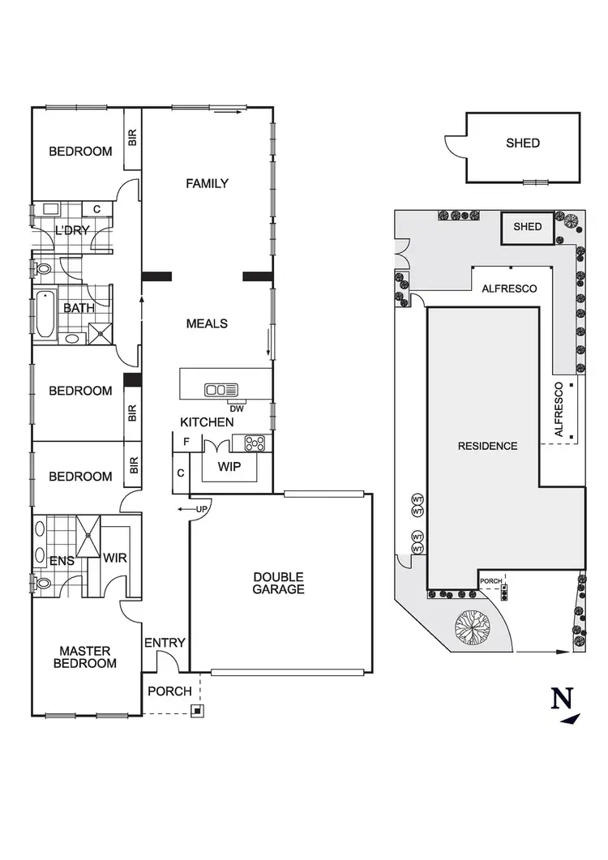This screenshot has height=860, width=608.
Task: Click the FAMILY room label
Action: tap(207, 183)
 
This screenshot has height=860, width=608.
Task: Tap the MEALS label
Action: tap(207, 323)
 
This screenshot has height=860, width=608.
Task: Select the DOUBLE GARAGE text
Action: tap(278, 583)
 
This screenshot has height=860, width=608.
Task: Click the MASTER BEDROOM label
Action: tap(85, 657)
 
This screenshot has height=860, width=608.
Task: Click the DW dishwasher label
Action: tap(237, 409)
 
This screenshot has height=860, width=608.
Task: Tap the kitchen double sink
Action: tap(221, 390)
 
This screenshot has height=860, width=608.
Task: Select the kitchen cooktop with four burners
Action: tap(255, 443)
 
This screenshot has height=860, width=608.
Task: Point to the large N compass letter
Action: tap(561, 699)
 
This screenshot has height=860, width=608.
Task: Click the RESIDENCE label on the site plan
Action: tap(487, 446)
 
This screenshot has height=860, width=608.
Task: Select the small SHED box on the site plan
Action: tap(528, 227)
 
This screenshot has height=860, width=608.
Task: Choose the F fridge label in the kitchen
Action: tap(186, 443)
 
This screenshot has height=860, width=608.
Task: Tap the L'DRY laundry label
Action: tap(72, 230)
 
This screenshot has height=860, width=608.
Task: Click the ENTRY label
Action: tap(165, 643)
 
